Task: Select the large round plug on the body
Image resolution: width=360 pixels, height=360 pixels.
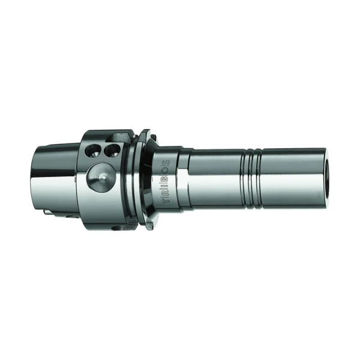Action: [98, 179]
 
